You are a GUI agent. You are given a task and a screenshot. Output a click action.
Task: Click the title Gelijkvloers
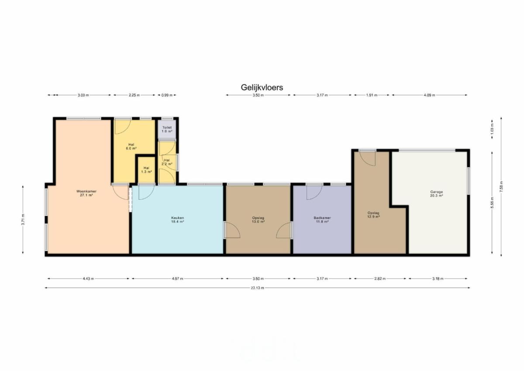pyautogui.click(x=262, y=87)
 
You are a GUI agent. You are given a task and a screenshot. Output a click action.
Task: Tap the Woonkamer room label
pyautogui.click(x=86, y=191)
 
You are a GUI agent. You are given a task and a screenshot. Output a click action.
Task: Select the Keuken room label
pyautogui.click(x=178, y=218)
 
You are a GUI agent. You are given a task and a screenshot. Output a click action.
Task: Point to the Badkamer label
pyautogui.click(x=322, y=218)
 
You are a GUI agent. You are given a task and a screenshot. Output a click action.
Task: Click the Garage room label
pyautogui.click(x=437, y=192)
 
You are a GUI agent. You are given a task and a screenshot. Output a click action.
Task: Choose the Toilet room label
pyautogui.click(x=167, y=127)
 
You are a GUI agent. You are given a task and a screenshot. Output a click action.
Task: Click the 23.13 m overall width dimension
pyautogui.click(x=257, y=288)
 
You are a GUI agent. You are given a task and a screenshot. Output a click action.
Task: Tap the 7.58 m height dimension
pyautogui.click(x=501, y=187)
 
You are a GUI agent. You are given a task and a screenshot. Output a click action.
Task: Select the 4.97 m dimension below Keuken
pyautogui.click(x=178, y=278)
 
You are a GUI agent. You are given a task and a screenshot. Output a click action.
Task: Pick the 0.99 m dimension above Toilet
pyautogui.click(x=167, y=95)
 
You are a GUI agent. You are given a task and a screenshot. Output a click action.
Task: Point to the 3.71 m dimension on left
pyautogui.click(x=23, y=219)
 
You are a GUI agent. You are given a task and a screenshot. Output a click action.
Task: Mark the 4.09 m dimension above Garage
pyautogui.click(x=429, y=95)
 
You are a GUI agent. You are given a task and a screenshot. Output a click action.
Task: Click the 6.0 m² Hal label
pyautogui.click(x=131, y=146)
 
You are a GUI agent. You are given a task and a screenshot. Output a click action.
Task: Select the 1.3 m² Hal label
pyautogui.click(x=146, y=170)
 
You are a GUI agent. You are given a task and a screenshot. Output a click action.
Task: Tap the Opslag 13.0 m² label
pyautogui.click(x=258, y=219)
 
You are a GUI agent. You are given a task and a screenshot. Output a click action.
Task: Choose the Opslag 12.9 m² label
pyautogui.click(x=373, y=215)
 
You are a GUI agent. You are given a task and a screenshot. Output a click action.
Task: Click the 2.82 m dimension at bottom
pyautogui.click(x=380, y=278)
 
